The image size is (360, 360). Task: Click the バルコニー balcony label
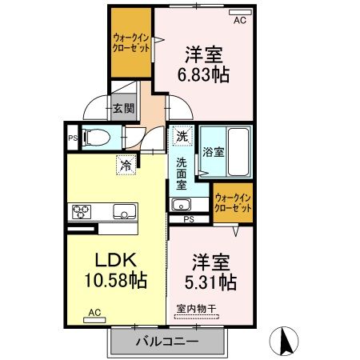pyautogui.click(x=168, y=338)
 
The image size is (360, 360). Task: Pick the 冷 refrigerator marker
pyautogui.click(x=126, y=166)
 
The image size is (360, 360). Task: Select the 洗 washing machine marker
pyautogui.click(x=182, y=137)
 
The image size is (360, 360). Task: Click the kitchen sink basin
pyautogui.click(x=125, y=212)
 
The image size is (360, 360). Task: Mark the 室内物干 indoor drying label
pyautogui.click(x=196, y=308)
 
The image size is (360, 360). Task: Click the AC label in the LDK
pyautogui.click(x=94, y=313)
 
